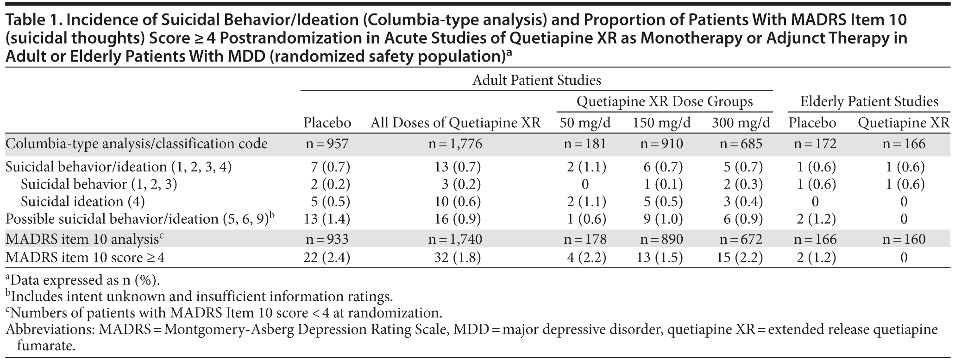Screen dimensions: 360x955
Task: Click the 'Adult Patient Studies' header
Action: tap(536, 81)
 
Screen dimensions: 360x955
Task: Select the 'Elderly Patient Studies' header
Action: tap(869, 102)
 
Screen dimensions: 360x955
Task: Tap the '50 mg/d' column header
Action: tap(585, 123)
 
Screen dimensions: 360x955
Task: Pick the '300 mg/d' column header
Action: tap(741, 123)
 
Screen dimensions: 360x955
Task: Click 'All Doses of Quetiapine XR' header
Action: tap(455, 123)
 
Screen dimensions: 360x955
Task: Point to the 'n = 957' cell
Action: tap(327, 144)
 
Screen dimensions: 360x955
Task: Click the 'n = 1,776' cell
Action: tap(455, 144)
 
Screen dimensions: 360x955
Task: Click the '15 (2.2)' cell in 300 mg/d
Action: tap(741, 258)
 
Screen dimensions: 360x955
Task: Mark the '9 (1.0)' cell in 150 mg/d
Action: tap(662, 219)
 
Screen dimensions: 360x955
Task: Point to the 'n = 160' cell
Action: tap(904, 240)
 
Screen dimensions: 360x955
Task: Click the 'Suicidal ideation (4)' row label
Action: tap(83, 202)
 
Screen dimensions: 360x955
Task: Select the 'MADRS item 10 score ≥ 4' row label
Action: tap(85, 258)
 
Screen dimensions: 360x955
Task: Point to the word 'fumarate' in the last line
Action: tap(45, 346)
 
